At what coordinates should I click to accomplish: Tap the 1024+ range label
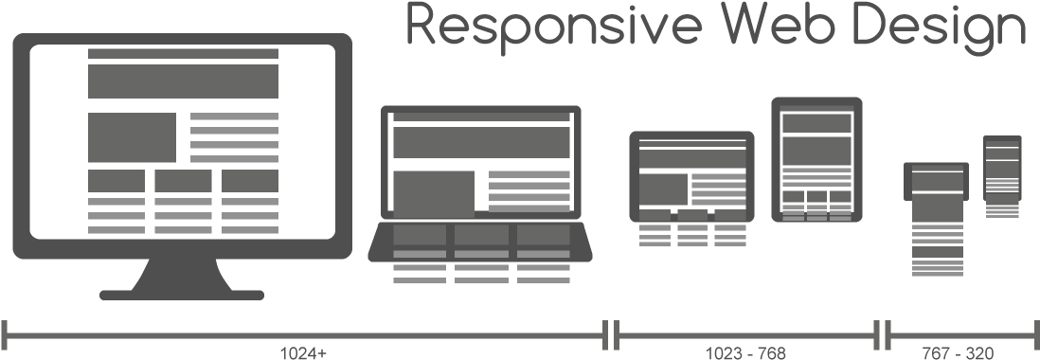pyautogui.click(x=303, y=353)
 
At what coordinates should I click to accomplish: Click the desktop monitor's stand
pyautogui.click(x=182, y=279)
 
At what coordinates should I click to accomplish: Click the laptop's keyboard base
pyautogui.click(x=480, y=242)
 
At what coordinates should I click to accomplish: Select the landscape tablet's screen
pyautogui.click(x=691, y=174)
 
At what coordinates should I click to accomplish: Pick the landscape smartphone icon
pyautogui.click(x=935, y=181)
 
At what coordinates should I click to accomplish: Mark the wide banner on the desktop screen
pyautogui.click(x=183, y=81)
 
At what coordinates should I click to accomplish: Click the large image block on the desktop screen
pyautogui.click(x=133, y=137)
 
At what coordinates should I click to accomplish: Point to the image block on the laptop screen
pyautogui.click(x=434, y=193)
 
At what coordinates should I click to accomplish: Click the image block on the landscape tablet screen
pyautogui.click(x=663, y=188)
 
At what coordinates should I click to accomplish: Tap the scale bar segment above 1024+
pyautogui.click(x=303, y=333)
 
